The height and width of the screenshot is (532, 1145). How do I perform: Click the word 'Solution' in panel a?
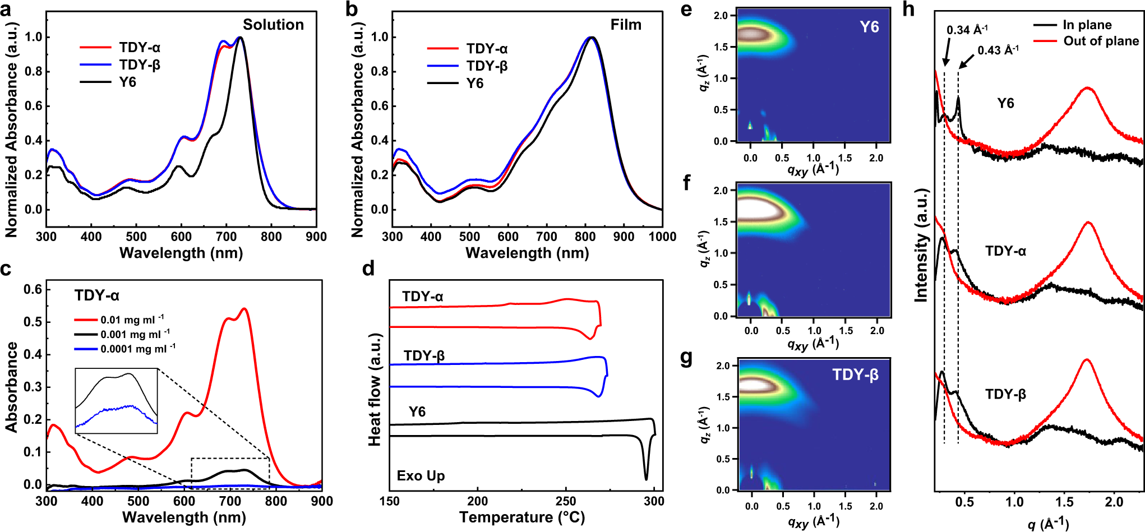click(x=273, y=25)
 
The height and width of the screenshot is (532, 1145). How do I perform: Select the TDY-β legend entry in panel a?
click(x=139, y=65)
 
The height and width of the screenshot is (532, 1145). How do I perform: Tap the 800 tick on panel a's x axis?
click(x=271, y=237)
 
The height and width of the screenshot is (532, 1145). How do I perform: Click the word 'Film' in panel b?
click(x=626, y=25)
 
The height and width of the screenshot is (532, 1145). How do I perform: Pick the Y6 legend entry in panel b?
click(x=474, y=84)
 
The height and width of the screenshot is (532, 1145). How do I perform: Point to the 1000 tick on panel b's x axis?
click(x=662, y=237)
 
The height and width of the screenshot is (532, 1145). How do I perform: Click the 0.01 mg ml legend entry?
click(x=132, y=320)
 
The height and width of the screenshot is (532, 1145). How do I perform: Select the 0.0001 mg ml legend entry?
click(x=137, y=349)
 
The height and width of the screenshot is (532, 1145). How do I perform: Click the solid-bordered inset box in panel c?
click(x=116, y=401)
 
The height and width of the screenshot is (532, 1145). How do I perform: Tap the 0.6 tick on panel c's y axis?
click(x=33, y=289)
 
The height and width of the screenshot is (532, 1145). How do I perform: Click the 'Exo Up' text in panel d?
click(x=421, y=476)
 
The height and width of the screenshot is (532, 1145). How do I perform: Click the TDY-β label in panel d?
click(x=424, y=356)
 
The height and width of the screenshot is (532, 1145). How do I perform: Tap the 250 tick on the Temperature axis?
click(x=565, y=501)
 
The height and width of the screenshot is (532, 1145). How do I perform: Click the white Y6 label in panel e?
click(x=869, y=27)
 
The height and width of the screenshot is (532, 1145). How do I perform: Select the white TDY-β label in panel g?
click(x=855, y=374)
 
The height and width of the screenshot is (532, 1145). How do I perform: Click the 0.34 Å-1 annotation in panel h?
click(x=967, y=30)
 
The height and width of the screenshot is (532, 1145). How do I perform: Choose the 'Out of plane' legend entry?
click(x=1101, y=41)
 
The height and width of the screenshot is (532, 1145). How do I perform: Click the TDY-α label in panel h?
click(x=1005, y=251)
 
